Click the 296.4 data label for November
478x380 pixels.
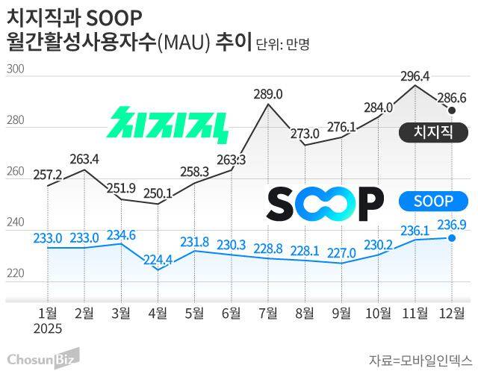point(415,76)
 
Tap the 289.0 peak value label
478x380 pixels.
point(268,94)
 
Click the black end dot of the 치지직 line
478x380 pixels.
point(453,110)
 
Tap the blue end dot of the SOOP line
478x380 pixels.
point(452,238)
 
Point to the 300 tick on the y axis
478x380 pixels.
point(16,70)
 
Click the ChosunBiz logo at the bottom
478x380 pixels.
point(43,360)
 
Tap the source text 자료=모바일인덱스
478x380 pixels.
point(420,361)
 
